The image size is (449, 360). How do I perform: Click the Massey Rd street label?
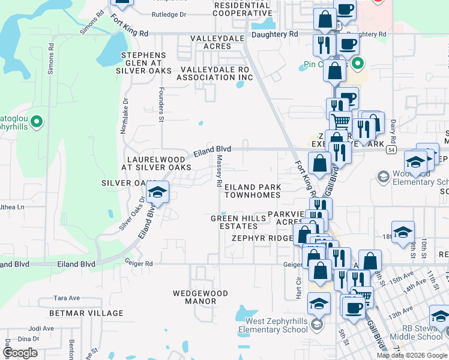pyautogui.click(x=220, y=170)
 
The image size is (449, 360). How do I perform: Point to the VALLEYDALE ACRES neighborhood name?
pyautogui.click(x=211, y=42)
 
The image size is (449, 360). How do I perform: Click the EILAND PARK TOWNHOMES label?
pyautogui.click(x=252, y=191)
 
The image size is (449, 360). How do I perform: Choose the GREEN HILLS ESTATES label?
pyautogui.click(x=238, y=222)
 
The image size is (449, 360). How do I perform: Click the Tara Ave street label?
pyautogui.click(x=67, y=298)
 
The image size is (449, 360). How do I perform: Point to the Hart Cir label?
pyautogui.click(x=298, y=289)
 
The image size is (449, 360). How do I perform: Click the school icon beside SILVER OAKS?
pyautogui.click(x=157, y=192)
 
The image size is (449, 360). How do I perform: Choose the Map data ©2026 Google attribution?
pyautogui.click(x=411, y=355)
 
